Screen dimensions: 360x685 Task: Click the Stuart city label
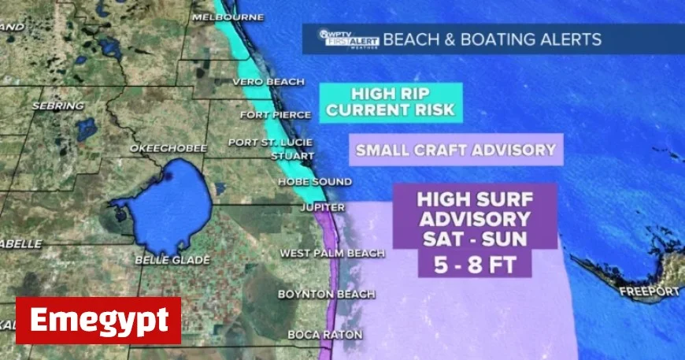click(287, 155)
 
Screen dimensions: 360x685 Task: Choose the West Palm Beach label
click(332, 254)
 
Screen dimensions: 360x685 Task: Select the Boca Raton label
click(324, 335)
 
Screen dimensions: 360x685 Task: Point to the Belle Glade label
click(173, 260)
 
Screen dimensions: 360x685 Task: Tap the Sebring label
click(57, 105)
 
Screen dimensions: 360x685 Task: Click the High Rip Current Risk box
click(391, 102)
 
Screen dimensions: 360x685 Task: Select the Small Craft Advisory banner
click(457, 149)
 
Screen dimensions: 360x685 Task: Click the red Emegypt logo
click(98, 321)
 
